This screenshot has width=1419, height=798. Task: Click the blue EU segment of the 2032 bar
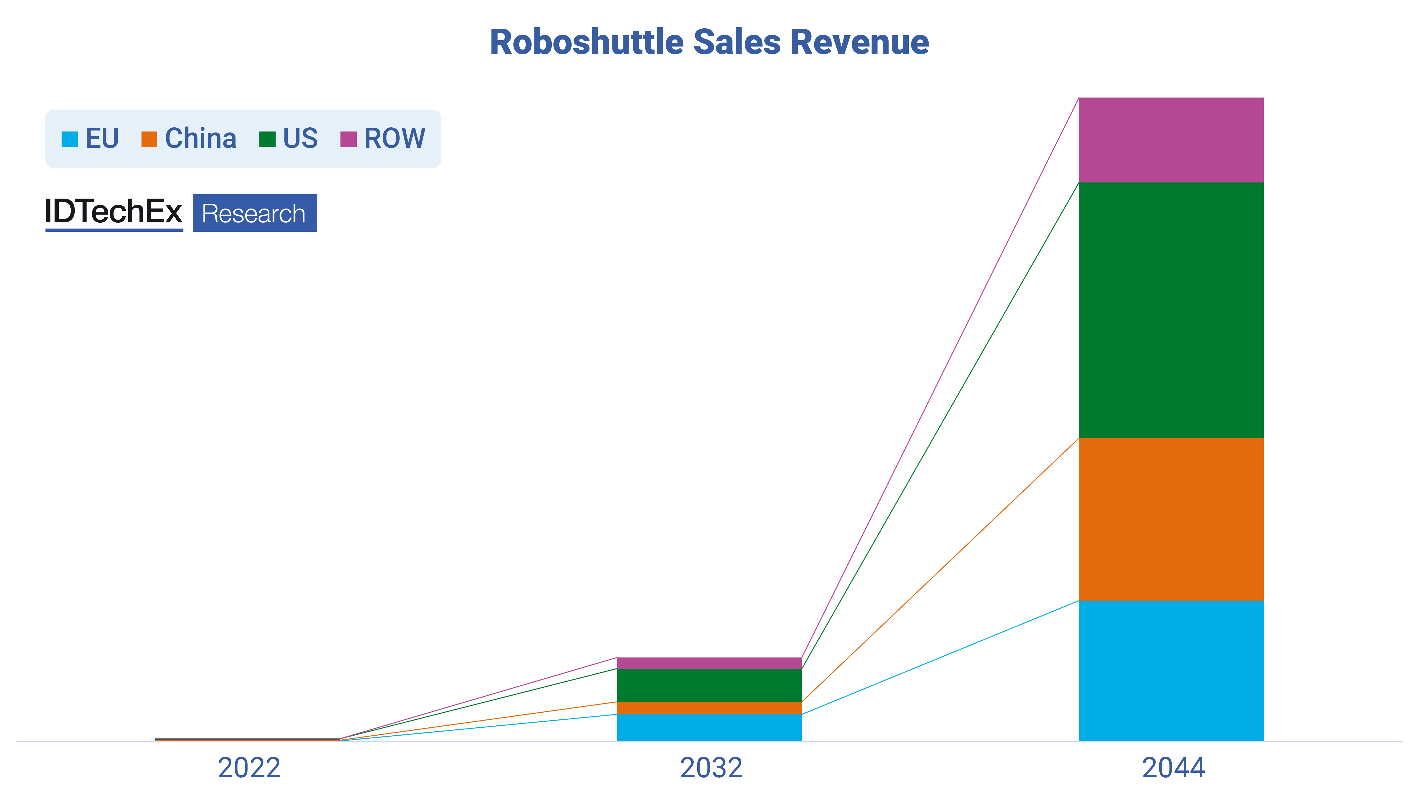709,728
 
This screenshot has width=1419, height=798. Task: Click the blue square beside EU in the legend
70,139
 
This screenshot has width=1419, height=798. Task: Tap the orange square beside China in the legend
149,139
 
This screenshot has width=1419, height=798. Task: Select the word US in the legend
300,138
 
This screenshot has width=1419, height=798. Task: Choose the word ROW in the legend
394,138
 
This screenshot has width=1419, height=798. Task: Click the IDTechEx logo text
114,212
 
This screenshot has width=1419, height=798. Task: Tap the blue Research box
255,213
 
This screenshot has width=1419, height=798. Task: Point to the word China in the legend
201,138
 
